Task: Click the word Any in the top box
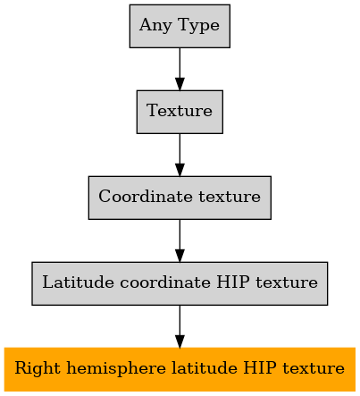click(155, 26)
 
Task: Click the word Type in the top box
click(199, 26)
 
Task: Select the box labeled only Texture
click(180, 112)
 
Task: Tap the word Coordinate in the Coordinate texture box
click(146, 197)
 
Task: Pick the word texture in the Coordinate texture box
click(230, 197)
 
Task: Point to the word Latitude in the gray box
click(78, 282)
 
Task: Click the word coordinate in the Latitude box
click(165, 282)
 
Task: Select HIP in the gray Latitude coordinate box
click(233, 282)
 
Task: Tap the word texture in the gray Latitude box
click(287, 282)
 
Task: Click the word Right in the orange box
click(38, 368)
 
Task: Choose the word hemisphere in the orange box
click(116, 368)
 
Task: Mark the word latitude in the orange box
click(205, 368)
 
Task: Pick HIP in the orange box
click(260, 368)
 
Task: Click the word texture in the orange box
click(314, 368)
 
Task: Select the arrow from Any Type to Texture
click(180, 69)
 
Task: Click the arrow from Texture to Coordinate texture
click(180, 155)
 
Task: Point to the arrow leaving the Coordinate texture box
click(180, 240)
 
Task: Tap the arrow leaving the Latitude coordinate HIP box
click(180, 326)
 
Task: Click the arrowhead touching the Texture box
click(180, 84)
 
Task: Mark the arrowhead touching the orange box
click(180, 341)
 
